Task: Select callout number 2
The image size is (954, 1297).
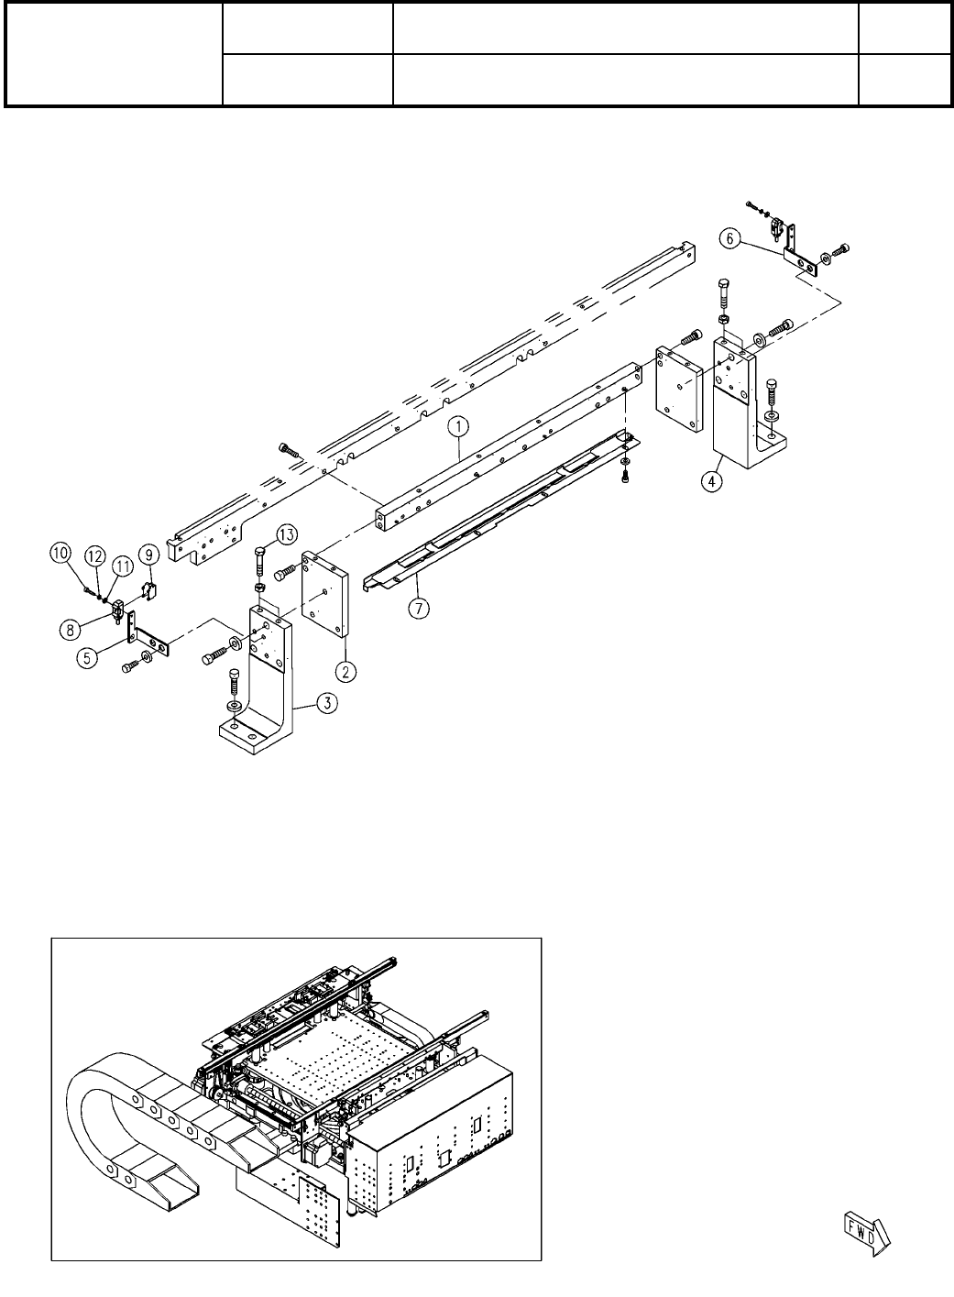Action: [345, 671]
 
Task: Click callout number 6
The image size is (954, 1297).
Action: [729, 237]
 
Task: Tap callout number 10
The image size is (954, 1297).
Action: [60, 553]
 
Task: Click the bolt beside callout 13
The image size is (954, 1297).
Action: [258, 561]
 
